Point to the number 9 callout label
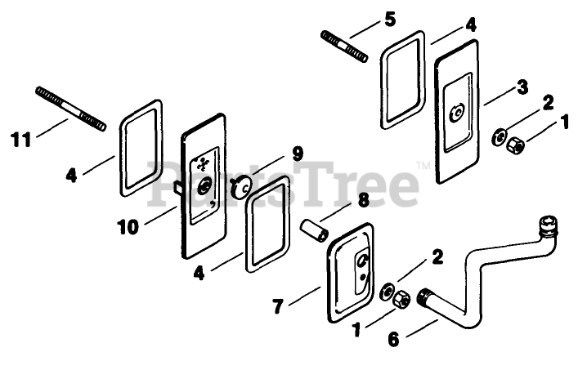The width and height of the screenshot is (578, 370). pyautogui.click(x=297, y=152)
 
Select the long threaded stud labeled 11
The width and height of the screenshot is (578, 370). pyautogui.click(x=71, y=108)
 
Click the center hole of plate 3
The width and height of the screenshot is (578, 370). pyautogui.click(x=457, y=111)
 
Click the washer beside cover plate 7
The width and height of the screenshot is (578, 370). pyautogui.click(x=388, y=290)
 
